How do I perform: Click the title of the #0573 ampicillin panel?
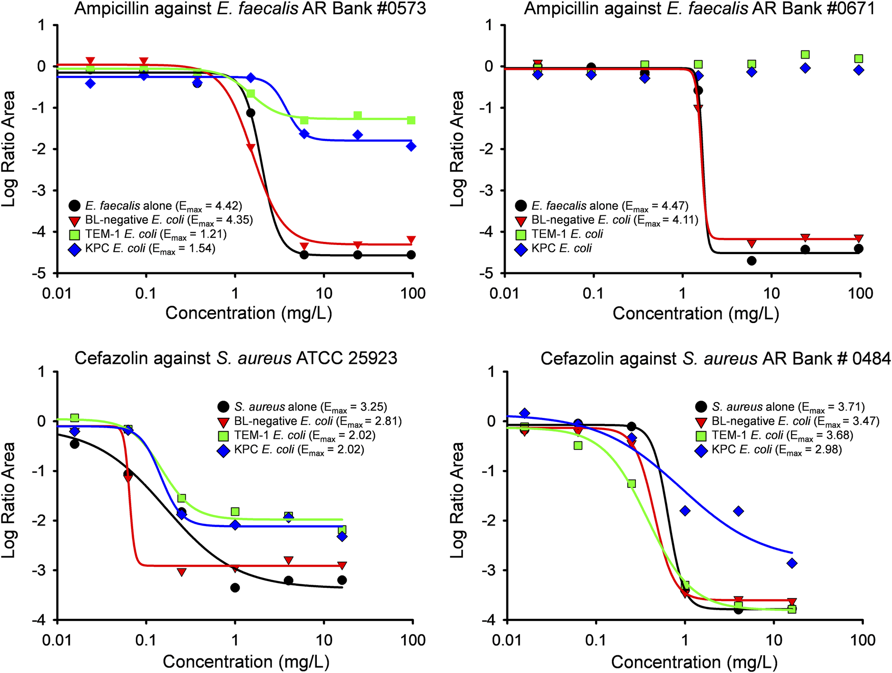(x=250, y=9)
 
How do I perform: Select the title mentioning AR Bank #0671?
(x=699, y=9)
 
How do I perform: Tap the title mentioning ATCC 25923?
(x=236, y=358)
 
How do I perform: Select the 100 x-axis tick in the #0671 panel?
(x=860, y=293)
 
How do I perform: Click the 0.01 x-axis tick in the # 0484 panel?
(x=507, y=640)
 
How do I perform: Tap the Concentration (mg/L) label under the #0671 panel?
(x=696, y=313)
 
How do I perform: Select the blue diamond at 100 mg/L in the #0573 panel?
(x=411, y=146)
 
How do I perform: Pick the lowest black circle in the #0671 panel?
(x=752, y=261)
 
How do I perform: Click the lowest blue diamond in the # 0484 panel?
(x=792, y=563)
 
